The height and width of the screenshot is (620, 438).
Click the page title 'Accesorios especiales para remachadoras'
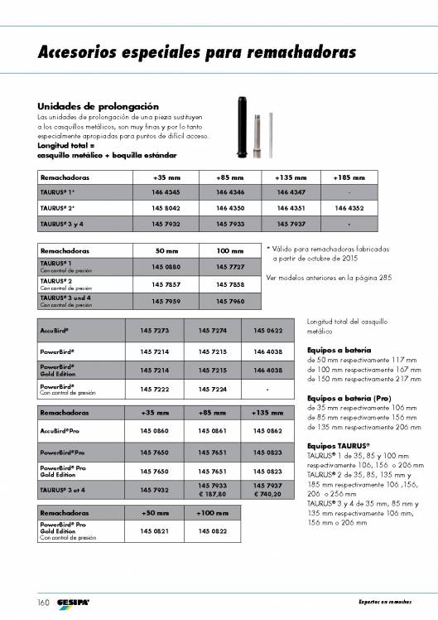197,53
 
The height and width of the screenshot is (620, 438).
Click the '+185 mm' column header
348,178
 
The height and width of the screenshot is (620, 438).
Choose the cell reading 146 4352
348,208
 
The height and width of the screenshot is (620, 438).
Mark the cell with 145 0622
268,331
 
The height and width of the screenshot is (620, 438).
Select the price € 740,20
268,494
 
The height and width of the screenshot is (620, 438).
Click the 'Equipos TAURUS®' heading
338,447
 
